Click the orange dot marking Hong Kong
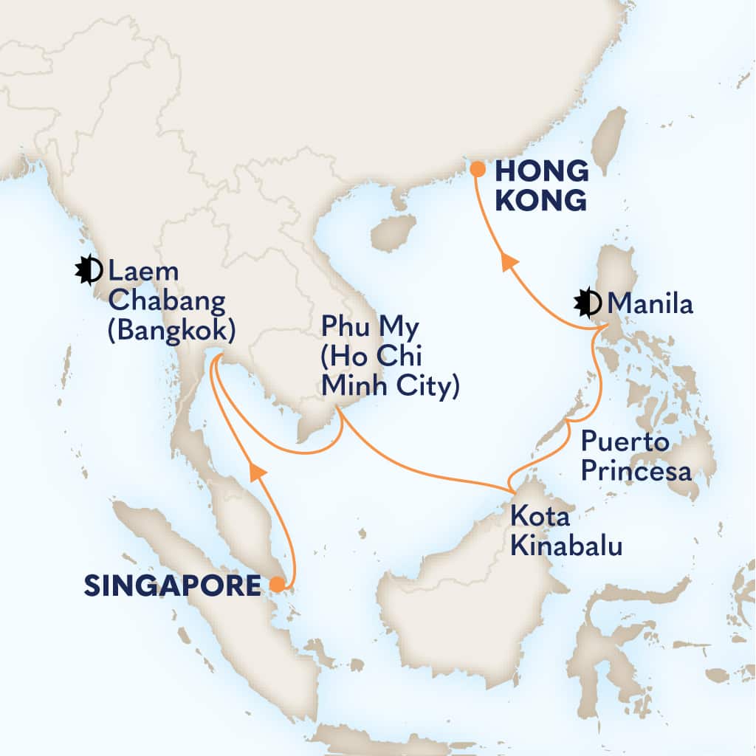click(478, 170)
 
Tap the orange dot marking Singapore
click(276, 585)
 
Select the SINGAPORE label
click(172, 586)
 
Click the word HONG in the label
click(541, 172)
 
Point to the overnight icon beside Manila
click(588, 303)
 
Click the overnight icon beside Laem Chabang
click(89, 271)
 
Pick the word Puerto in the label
click(625, 443)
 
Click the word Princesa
click(636, 470)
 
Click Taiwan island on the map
click(610, 141)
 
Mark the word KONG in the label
click(540, 199)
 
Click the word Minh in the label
click(350, 385)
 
